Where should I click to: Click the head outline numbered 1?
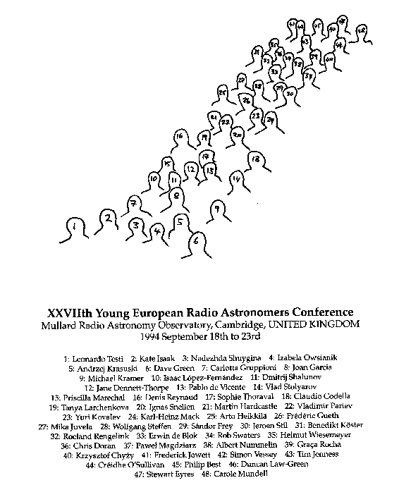pos(73,226)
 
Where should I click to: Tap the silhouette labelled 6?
pos(197,240)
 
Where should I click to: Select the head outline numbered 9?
pos(216,209)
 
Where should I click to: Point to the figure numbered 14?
pos(237,179)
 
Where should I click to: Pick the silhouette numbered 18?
pos(255,160)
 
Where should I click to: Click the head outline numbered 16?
pos(181,137)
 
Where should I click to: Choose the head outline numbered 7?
pos(133,204)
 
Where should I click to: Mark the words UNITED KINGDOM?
pos(321,324)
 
